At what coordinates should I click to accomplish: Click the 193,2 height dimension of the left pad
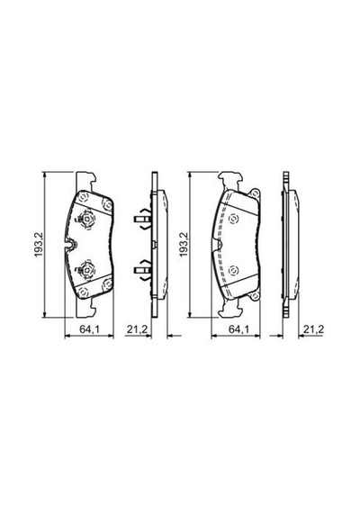pos(40,245)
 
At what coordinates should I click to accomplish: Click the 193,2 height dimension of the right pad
pos(184,245)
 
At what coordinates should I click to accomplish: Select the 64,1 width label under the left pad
pos(89,329)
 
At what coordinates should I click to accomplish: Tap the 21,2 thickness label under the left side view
pos(138,329)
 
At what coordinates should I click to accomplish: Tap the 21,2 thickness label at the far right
pos(313,329)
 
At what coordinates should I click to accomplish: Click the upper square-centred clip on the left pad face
pos(86,219)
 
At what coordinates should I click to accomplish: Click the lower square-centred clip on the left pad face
pos(86,270)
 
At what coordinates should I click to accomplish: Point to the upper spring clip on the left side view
pos(143,219)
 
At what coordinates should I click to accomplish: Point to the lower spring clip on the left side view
pos(143,270)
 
